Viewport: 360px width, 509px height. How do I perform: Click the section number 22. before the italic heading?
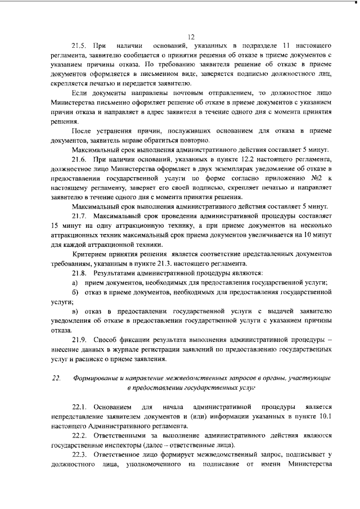(x=56, y=378)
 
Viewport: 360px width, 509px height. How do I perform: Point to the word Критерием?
(x=91, y=254)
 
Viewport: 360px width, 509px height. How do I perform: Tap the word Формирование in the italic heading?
(x=100, y=378)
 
